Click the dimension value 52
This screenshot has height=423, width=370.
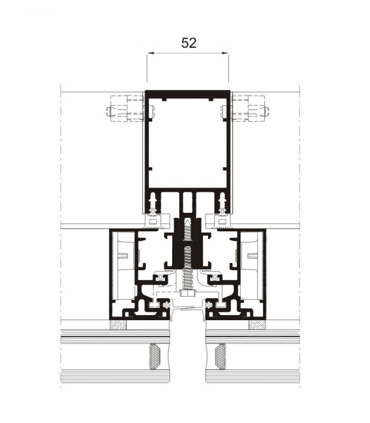click(189, 43)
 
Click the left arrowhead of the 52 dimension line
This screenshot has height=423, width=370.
click(149, 52)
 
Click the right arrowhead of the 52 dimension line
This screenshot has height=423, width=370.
click(226, 52)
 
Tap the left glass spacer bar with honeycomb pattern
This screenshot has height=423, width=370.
click(154, 356)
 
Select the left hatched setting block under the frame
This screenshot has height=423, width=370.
click(119, 325)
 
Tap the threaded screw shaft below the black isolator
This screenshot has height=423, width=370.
click(187, 278)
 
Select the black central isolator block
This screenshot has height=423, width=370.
click(187, 242)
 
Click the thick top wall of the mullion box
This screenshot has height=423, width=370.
click(187, 93)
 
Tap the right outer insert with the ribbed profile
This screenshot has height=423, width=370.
click(252, 262)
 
